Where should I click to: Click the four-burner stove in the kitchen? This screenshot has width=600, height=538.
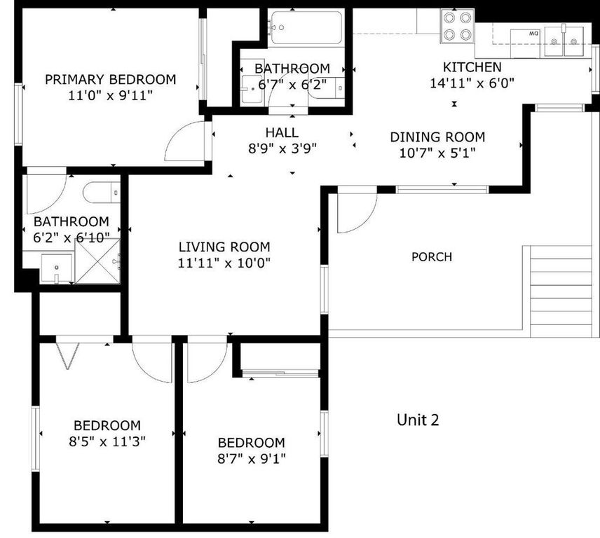click(x=457, y=26)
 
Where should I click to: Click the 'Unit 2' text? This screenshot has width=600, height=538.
click(x=418, y=420)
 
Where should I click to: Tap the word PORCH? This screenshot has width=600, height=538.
click(x=431, y=256)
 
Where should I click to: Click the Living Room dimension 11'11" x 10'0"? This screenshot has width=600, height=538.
click(x=224, y=263)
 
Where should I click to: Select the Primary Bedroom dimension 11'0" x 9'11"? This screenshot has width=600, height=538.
click(x=110, y=95)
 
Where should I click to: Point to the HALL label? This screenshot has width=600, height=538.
click(x=282, y=132)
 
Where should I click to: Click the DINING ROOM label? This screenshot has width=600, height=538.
click(x=437, y=137)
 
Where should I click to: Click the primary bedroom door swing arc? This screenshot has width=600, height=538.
click(x=184, y=140)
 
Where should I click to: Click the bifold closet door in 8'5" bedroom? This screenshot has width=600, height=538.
click(x=67, y=354)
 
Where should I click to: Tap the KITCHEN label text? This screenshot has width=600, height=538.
click(x=472, y=67)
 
